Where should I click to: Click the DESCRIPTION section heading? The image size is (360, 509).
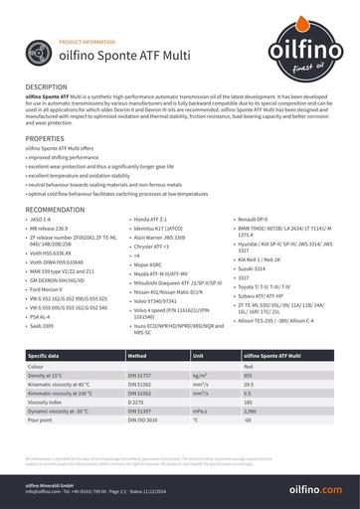point(47,87)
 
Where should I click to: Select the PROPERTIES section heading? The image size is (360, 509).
point(45,137)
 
